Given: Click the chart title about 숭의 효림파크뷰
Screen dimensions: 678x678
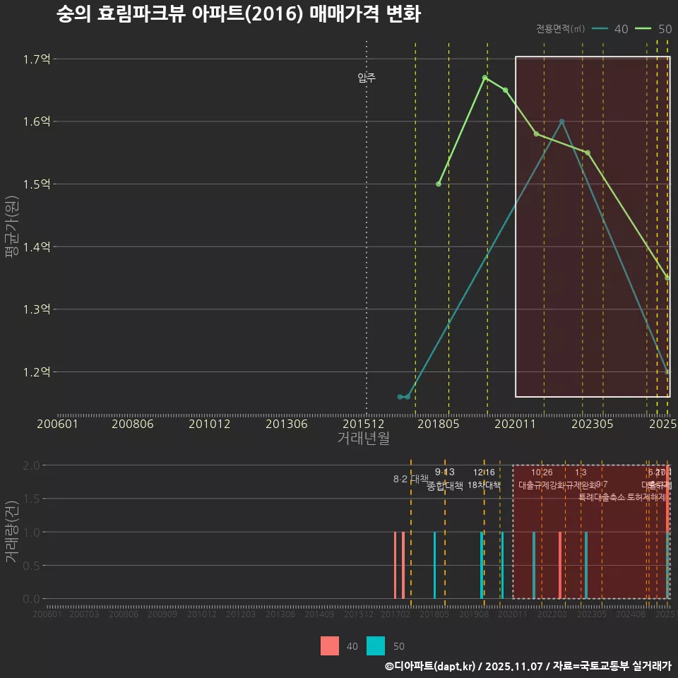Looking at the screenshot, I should (239, 14).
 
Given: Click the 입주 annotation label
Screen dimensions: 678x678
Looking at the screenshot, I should (367, 78).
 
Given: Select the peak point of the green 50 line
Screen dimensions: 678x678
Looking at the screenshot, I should (484, 78).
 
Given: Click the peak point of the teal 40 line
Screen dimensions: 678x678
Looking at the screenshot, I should (561, 121).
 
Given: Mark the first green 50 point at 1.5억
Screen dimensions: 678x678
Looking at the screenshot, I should (439, 184).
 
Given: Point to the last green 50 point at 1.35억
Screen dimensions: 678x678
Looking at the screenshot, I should (667, 278).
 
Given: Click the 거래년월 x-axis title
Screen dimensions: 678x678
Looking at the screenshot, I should (363, 439).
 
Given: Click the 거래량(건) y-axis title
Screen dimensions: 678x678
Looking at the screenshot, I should (12, 532).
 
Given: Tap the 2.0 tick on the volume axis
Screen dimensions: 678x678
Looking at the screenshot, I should (31, 465).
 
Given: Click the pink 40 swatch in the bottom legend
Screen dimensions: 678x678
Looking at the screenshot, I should (330, 646).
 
